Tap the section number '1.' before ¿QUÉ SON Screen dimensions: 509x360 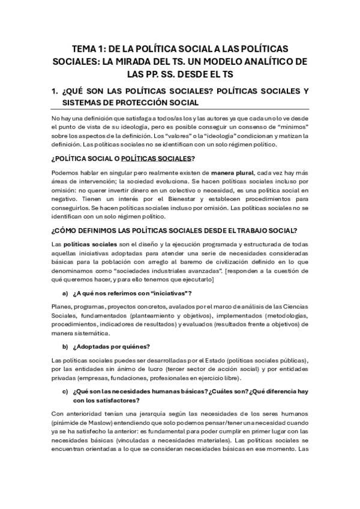point(56,91)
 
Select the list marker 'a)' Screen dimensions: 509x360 point(65,310)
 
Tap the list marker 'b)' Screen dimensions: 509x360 point(65,347)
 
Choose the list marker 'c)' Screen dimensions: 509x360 point(65,392)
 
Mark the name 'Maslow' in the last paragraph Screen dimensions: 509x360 point(98,424)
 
